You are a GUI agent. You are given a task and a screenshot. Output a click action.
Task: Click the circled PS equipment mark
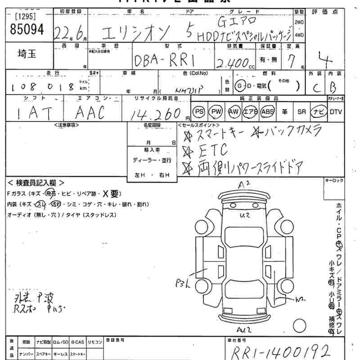pos(199,111)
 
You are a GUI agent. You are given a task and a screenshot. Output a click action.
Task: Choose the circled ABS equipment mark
pos(267,111)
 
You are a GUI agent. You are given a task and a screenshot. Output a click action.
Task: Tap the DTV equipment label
pos(335,112)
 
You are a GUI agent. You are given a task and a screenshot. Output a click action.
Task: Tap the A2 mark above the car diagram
pos(244,184)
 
